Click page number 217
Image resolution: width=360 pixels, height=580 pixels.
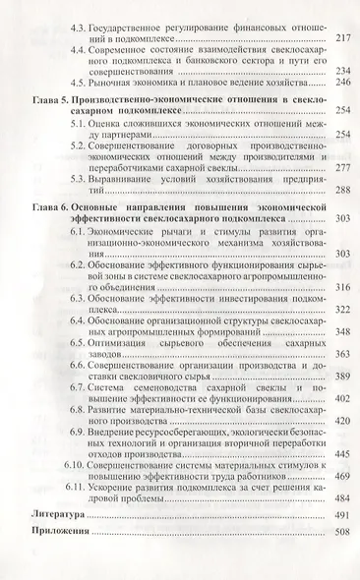coord(342,38)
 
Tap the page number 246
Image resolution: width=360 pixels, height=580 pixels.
coord(342,83)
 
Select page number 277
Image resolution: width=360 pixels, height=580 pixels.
coord(342,168)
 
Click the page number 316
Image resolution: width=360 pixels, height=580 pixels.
coord(342,287)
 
